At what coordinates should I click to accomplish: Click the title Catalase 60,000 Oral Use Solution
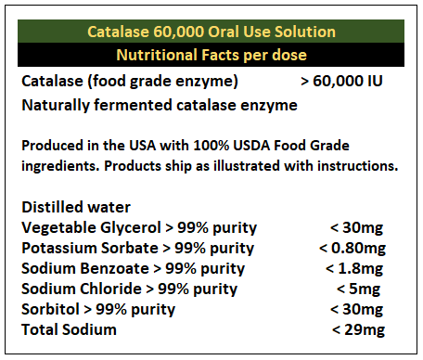coord(211,32)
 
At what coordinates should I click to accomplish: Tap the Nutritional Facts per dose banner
coord(211,55)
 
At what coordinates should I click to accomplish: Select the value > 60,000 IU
coord(342,81)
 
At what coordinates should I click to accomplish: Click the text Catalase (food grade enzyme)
coord(130,81)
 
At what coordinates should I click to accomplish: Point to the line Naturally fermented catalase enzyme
coord(159,105)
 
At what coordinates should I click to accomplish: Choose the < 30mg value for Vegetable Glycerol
coord(356,227)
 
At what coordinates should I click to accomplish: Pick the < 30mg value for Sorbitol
coord(356,309)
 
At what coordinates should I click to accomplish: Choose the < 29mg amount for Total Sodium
coord(356,329)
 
